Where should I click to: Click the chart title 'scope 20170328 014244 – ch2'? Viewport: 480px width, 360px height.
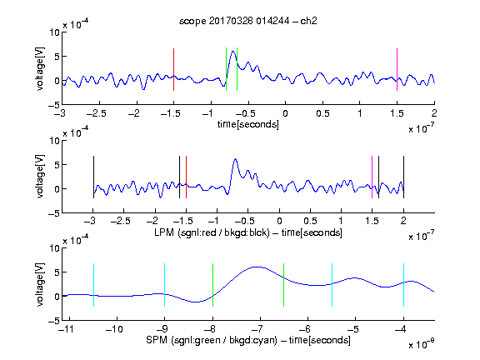click(x=248, y=21)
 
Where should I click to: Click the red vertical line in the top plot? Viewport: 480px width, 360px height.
click(x=174, y=69)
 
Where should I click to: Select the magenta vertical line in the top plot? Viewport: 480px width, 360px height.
click(x=397, y=69)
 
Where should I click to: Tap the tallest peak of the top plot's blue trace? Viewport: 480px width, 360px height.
click(x=233, y=52)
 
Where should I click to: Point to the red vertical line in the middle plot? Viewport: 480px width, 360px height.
click(x=186, y=177)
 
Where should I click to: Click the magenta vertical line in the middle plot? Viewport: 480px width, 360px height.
click(x=372, y=177)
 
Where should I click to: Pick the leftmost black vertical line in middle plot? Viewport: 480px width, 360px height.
click(x=93, y=177)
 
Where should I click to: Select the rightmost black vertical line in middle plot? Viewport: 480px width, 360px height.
click(x=403, y=177)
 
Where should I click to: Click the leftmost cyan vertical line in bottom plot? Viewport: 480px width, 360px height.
click(x=93, y=285)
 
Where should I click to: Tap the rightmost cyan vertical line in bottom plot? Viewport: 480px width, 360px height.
click(x=403, y=285)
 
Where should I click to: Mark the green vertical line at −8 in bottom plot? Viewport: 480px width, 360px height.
click(x=212, y=285)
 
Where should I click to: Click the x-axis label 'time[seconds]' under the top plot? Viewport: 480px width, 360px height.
click(x=248, y=124)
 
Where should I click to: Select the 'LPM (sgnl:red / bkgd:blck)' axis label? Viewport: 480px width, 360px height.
click(x=212, y=232)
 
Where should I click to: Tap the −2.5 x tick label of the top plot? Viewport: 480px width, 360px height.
click(x=97, y=113)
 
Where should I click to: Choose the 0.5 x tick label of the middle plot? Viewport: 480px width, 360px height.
click(x=310, y=221)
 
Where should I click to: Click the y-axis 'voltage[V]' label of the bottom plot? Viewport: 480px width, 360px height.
click(x=40, y=285)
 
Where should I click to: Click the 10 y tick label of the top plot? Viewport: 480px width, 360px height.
click(x=55, y=32)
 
